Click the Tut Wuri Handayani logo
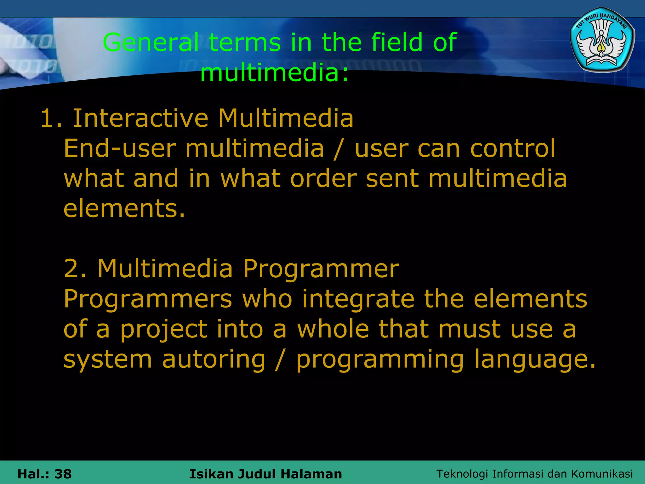click(602, 40)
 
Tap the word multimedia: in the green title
click(274, 73)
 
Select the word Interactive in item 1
click(140, 118)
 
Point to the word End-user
click(120, 148)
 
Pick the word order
click(323, 178)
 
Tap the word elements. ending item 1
click(124, 209)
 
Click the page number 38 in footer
click(63, 474)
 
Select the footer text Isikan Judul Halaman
click(265, 474)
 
